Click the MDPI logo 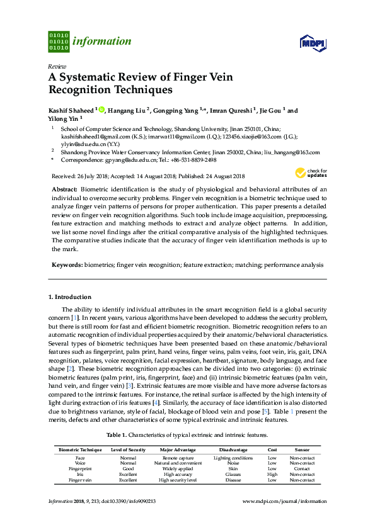point(312,42)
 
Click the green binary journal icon point(59,42)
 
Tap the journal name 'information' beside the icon point(101,42)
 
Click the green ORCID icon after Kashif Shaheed point(101,110)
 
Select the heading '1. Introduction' point(69,296)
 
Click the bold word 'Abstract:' point(64,189)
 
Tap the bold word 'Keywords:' point(66,265)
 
